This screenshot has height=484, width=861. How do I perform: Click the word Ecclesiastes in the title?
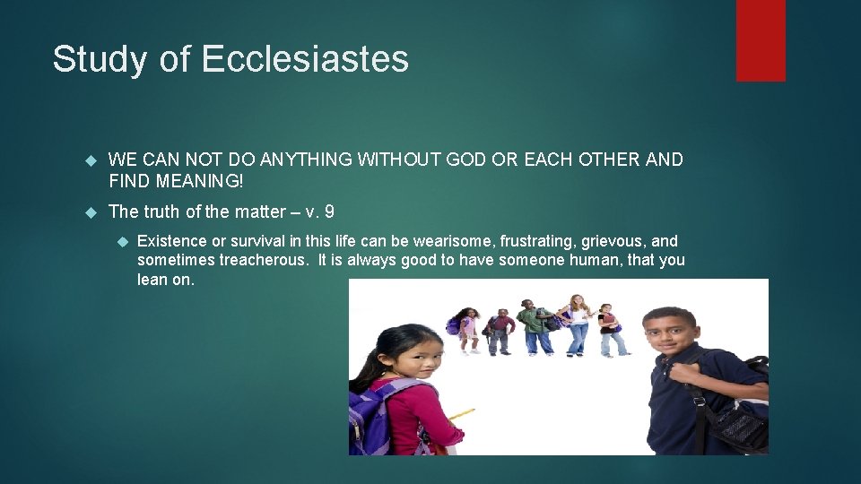click(x=305, y=60)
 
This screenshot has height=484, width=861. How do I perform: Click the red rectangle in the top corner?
click(x=761, y=40)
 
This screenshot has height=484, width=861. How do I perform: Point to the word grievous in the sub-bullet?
click(x=613, y=241)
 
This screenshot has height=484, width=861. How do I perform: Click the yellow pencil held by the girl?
click(x=460, y=415)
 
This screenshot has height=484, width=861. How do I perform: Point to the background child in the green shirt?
click(x=536, y=327)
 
